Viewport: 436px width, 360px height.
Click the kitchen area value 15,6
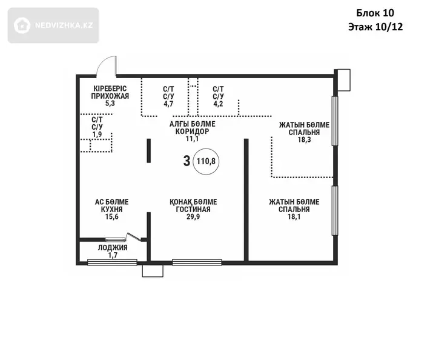(112, 217)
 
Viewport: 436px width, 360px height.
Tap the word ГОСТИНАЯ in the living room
(193, 209)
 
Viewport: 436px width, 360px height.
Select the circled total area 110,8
(206, 161)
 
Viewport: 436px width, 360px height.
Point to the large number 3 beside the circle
(187, 161)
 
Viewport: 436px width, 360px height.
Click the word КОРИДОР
(192, 132)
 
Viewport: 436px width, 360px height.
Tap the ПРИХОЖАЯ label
(110, 96)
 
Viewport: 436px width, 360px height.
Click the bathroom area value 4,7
(168, 104)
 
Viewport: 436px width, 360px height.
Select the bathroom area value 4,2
(218, 104)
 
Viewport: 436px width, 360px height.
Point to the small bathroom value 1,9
(97, 135)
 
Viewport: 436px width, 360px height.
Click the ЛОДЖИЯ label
(113, 248)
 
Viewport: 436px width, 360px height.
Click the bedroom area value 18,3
(304, 139)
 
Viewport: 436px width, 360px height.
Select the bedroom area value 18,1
(294, 217)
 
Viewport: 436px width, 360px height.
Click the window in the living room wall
(197, 262)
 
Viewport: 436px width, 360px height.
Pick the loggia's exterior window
(113, 262)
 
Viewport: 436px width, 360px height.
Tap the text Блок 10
(375, 13)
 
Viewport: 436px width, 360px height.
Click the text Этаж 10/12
(375, 27)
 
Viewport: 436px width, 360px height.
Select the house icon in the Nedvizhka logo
(22, 25)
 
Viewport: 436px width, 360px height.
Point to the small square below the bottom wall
(153, 271)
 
